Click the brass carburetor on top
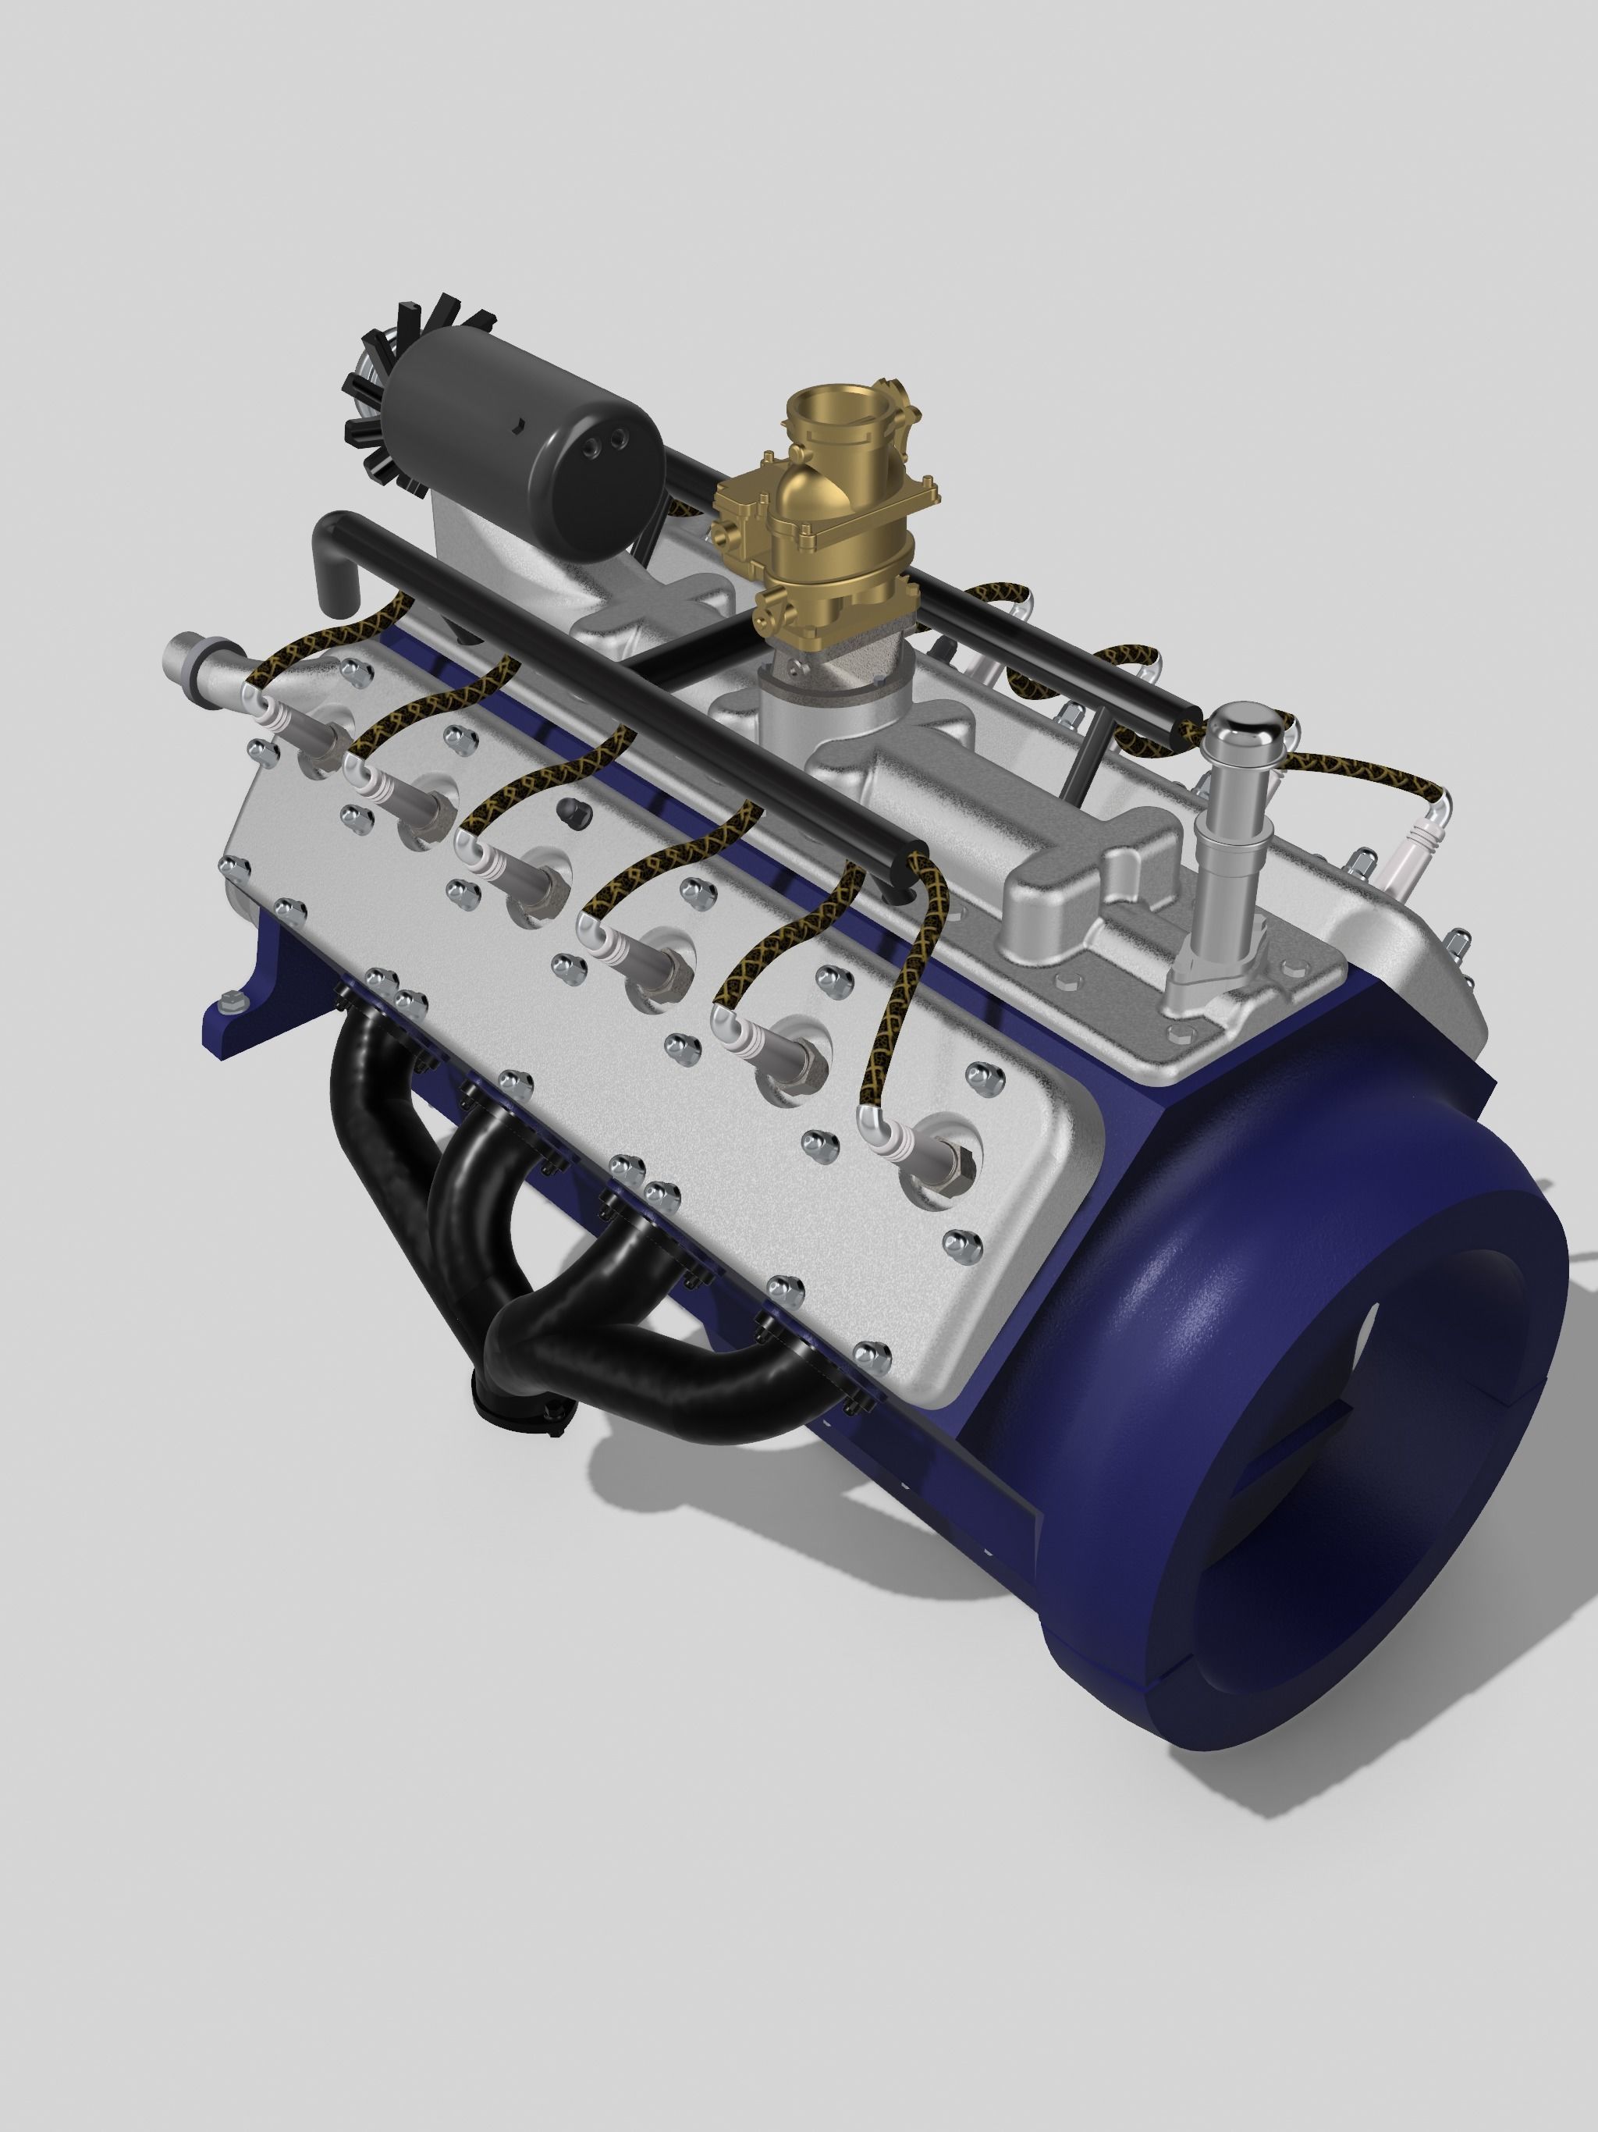click(x=815, y=521)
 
